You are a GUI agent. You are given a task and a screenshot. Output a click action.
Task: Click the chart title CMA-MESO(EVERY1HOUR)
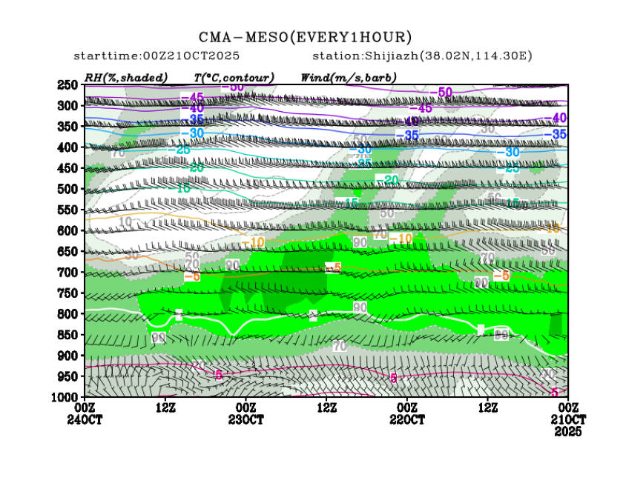pos(305,37)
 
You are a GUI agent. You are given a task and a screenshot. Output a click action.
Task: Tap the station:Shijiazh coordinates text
pos(422,56)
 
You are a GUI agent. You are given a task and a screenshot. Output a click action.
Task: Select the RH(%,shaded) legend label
pos(126,77)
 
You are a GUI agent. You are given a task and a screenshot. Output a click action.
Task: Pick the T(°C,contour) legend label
pos(234,77)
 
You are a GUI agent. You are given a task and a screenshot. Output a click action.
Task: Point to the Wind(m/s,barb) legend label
pos(349,77)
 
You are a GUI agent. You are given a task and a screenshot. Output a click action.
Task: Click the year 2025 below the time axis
pos(567,431)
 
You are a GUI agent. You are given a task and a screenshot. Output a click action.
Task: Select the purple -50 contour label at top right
pos(442,92)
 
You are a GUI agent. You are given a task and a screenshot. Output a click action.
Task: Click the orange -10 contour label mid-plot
pos(400,239)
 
